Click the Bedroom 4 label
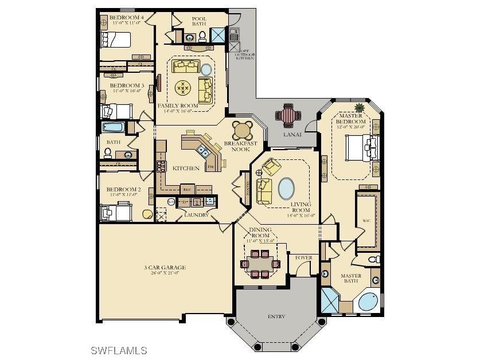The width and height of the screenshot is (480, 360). pyautogui.click(x=126, y=18)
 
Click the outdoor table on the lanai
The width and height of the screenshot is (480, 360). pyautogui.click(x=287, y=116)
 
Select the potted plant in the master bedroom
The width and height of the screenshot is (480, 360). pyautogui.click(x=360, y=107)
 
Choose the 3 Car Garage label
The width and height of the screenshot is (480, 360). pyautogui.click(x=165, y=268)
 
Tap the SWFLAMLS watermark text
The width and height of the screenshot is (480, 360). pyautogui.click(x=119, y=350)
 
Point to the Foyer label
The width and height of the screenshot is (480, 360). pyautogui.click(x=303, y=258)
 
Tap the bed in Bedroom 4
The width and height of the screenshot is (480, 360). pyautogui.click(x=115, y=40)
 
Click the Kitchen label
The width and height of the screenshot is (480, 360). pyautogui.click(x=186, y=168)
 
